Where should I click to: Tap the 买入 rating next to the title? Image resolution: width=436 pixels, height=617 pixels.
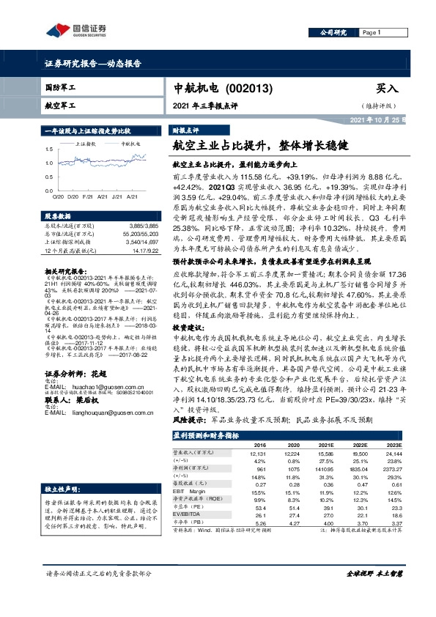[x=386, y=88]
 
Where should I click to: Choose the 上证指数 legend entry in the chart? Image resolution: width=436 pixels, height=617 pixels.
[x=87, y=144]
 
